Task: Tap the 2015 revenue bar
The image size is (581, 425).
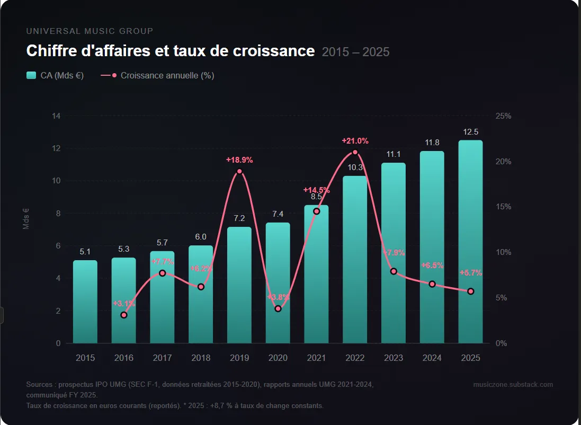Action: (x=85, y=302)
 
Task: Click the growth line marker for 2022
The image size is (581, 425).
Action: (x=355, y=153)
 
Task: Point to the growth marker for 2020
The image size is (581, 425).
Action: (x=278, y=308)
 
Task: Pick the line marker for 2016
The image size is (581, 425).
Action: (x=124, y=315)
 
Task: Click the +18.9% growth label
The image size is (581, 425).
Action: (x=239, y=160)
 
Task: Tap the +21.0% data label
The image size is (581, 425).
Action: (x=355, y=141)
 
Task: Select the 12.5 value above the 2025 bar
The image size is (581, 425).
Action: (x=470, y=132)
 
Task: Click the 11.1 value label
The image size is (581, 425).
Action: (x=394, y=154)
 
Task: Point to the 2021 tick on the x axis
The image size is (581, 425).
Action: (x=316, y=358)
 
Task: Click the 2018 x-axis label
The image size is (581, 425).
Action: (x=201, y=358)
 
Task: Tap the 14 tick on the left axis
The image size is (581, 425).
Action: (x=56, y=116)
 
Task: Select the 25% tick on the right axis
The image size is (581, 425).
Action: (x=503, y=116)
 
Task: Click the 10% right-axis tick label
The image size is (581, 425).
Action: (x=503, y=252)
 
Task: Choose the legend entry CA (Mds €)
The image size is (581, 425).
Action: (x=55, y=75)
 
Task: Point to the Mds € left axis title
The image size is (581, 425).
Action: (x=26, y=218)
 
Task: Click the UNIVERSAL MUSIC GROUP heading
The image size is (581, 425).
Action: (x=90, y=31)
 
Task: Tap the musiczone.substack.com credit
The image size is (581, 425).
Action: (x=513, y=384)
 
